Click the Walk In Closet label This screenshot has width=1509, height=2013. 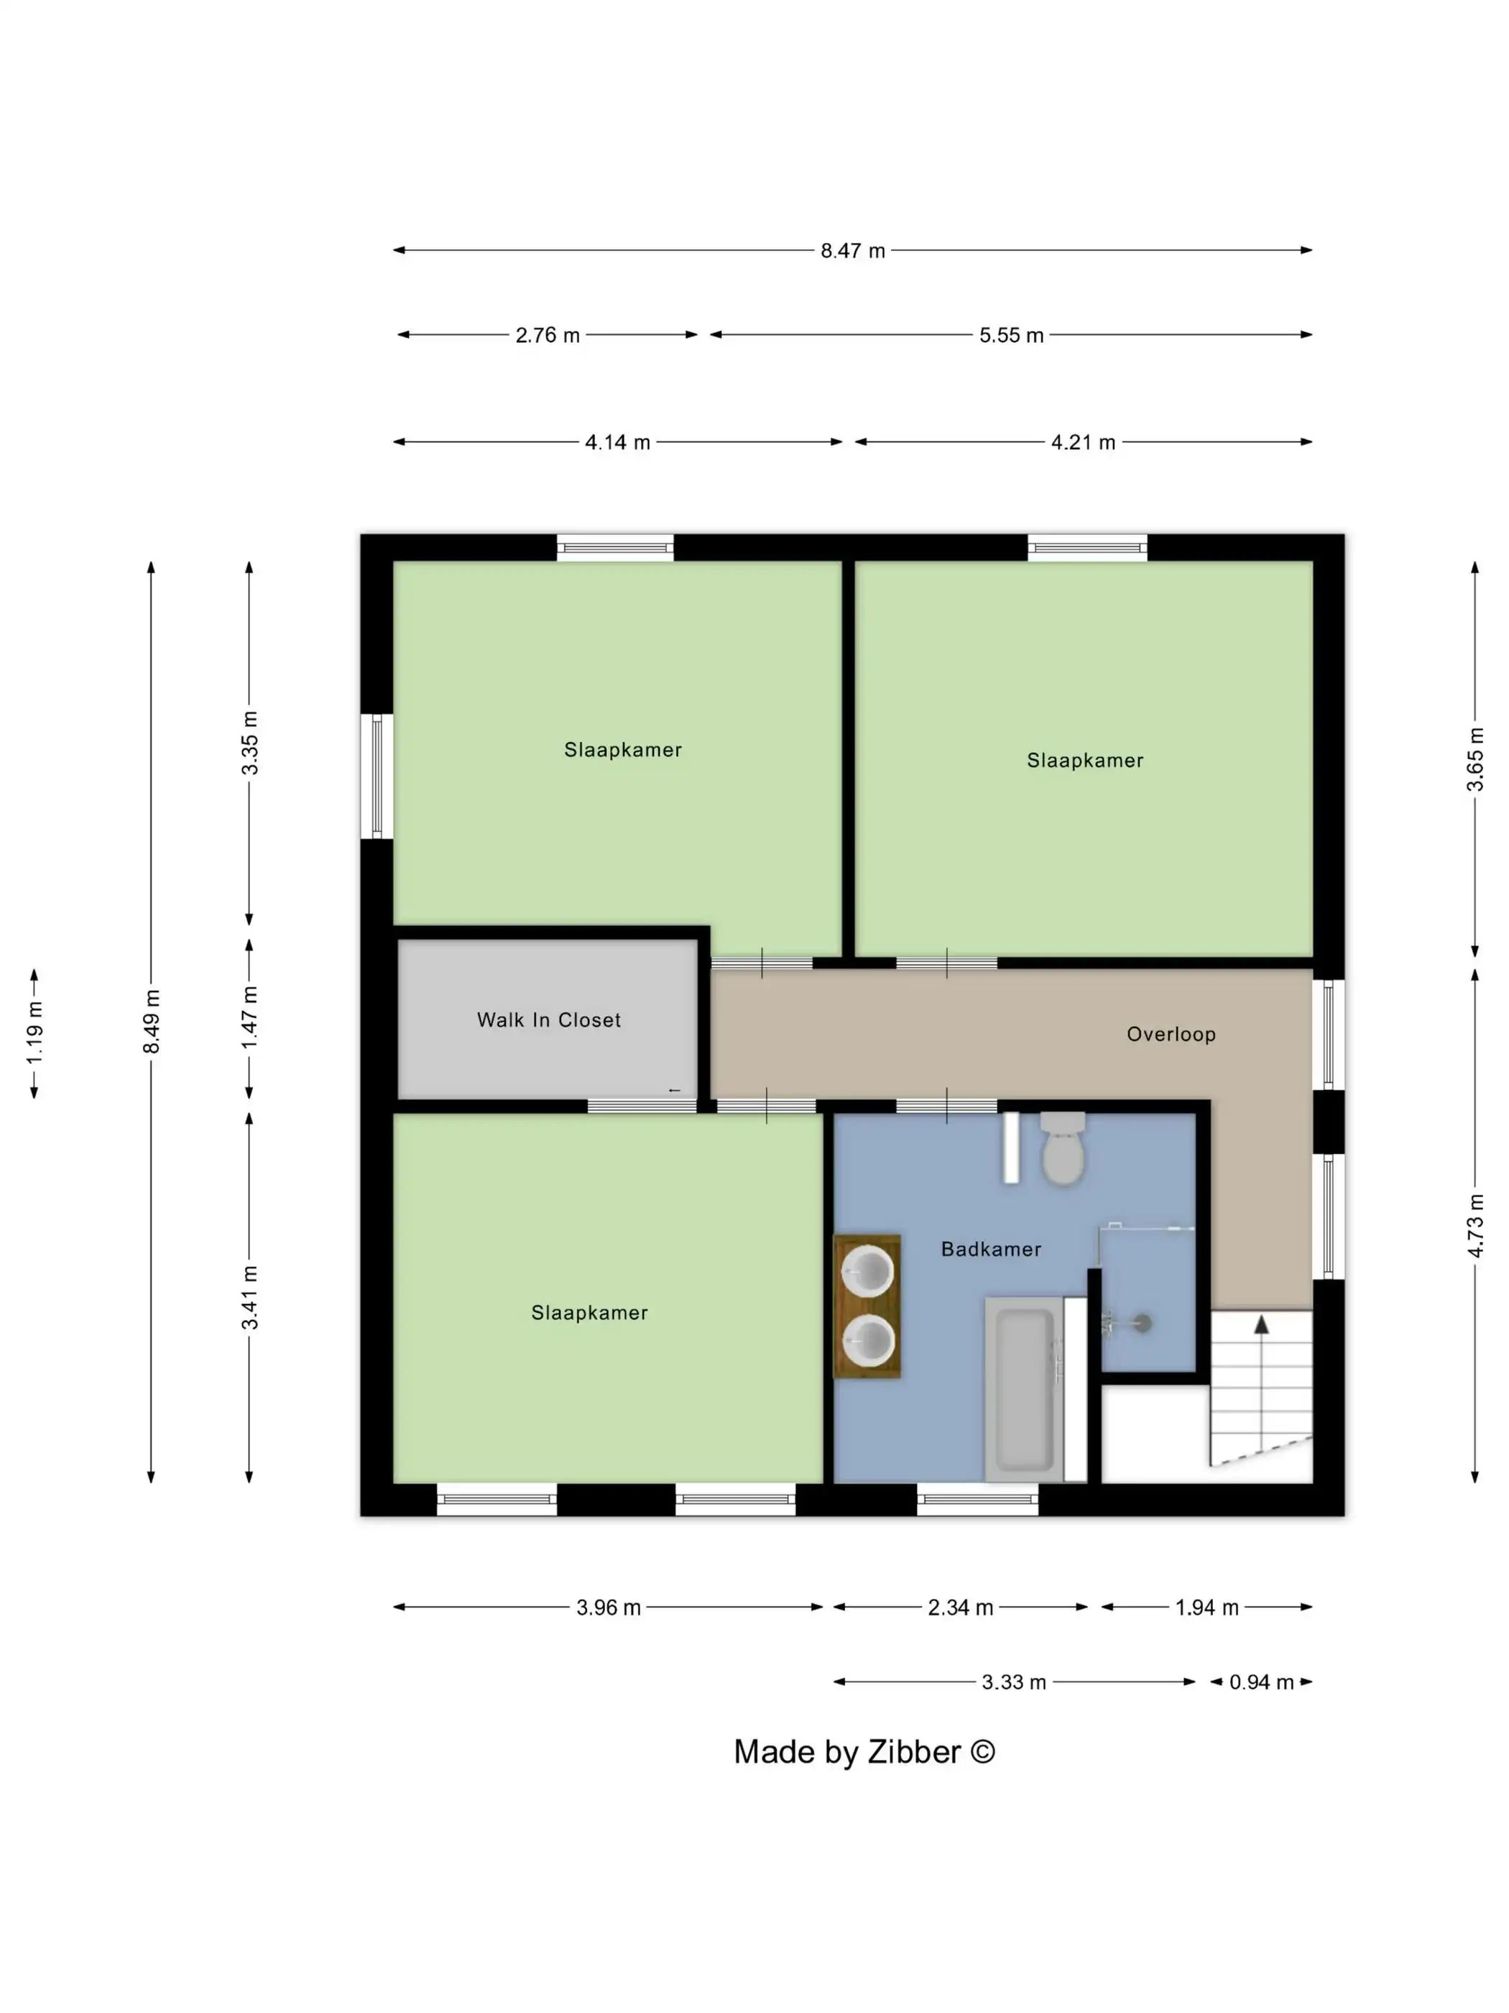tap(548, 1020)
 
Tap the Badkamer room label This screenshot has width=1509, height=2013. tap(990, 1249)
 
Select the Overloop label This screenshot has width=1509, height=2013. tap(1171, 1035)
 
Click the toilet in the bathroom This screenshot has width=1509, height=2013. tap(1062, 1148)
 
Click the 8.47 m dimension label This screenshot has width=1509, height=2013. tap(852, 251)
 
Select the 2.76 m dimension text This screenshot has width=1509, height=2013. tap(548, 336)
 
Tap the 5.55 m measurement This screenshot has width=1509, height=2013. tap(1010, 336)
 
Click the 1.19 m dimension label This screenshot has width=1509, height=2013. tap(34, 1033)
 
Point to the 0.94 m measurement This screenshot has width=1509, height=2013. tap(1260, 1683)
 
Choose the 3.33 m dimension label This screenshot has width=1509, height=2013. tap(1013, 1683)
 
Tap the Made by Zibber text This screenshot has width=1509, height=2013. tap(864, 1752)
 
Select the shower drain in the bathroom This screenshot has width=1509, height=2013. tap(1143, 1324)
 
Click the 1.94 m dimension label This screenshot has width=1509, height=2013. tap(1206, 1608)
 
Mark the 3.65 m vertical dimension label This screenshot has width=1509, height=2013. tap(1475, 760)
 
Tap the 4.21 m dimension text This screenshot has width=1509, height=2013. tap(1082, 443)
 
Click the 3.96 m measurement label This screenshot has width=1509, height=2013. tap(608, 1608)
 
